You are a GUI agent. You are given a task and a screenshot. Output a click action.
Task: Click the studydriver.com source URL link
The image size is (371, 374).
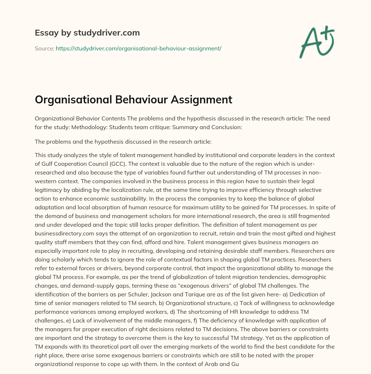138,48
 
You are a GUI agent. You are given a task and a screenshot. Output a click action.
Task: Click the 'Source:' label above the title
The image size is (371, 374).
44,48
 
